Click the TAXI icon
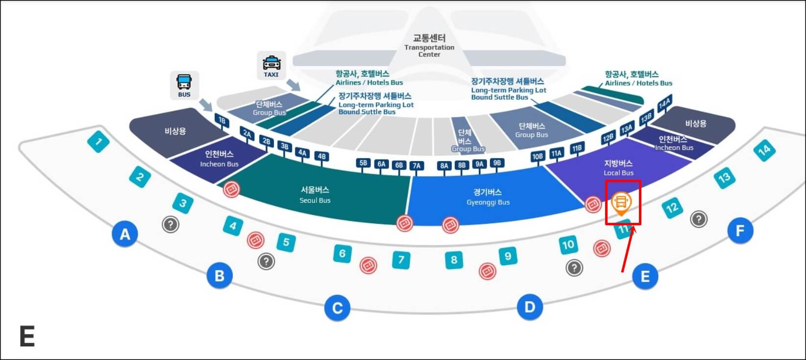(271, 66)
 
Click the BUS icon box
(184, 85)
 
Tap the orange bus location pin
(621, 202)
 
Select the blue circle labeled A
(125, 234)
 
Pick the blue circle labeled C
(337, 308)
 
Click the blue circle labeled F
(740, 230)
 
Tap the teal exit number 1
(98, 143)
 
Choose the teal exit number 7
(401, 259)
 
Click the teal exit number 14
(764, 150)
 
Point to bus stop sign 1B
(221, 120)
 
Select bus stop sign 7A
(416, 166)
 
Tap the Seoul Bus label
(315, 194)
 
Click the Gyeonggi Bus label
(488, 196)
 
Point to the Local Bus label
(618, 167)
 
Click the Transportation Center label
(429, 45)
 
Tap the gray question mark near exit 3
(171, 224)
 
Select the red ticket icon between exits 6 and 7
(368, 265)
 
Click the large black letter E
(27, 336)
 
